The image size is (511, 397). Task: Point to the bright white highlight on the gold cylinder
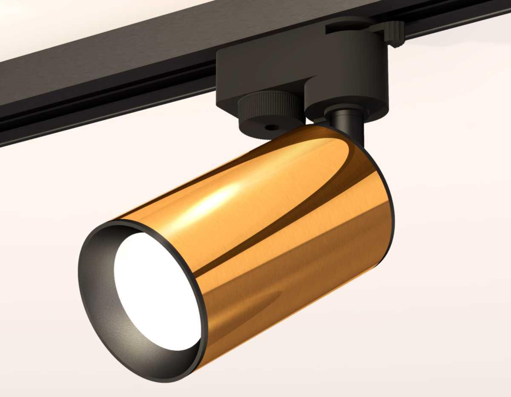pyautogui.click(x=213, y=200)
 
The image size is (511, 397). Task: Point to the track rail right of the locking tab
pyautogui.click(x=460, y=19)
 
